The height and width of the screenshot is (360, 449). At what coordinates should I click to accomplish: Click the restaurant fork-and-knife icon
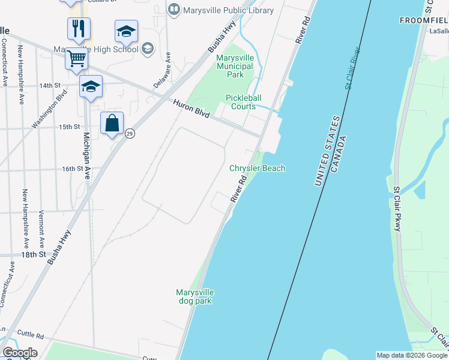[79, 28]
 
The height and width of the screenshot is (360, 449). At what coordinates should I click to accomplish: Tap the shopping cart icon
[77, 59]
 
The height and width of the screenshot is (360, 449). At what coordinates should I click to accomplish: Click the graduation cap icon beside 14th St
[91, 87]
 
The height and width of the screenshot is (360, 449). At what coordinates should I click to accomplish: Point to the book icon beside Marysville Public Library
[174, 10]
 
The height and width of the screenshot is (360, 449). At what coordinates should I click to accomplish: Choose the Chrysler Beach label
[257, 168]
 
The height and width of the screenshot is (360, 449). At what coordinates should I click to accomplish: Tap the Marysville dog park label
[194, 296]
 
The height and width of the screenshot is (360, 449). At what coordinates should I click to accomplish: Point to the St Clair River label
[356, 68]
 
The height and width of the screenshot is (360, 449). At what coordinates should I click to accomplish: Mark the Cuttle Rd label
[31, 335]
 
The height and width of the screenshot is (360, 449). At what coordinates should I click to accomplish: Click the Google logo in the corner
[19, 353]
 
